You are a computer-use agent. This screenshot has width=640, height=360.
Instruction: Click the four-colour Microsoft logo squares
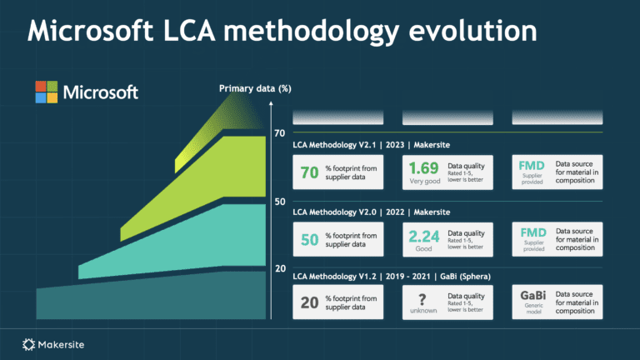pos(46,92)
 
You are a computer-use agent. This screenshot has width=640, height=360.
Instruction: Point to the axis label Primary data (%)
pos(255,88)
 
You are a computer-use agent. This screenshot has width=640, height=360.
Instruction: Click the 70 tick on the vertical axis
pos(280,133)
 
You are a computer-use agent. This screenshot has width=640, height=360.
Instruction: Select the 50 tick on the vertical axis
pos(280,202)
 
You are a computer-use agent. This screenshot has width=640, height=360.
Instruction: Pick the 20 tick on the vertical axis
pos(280,268)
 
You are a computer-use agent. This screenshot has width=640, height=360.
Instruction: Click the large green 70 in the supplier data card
pos(309,172)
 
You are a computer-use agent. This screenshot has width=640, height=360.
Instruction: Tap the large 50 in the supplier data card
pos(309,240)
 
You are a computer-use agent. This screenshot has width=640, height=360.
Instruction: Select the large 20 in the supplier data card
pos(309,303)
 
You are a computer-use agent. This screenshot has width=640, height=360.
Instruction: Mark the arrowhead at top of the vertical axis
pos(272,106)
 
